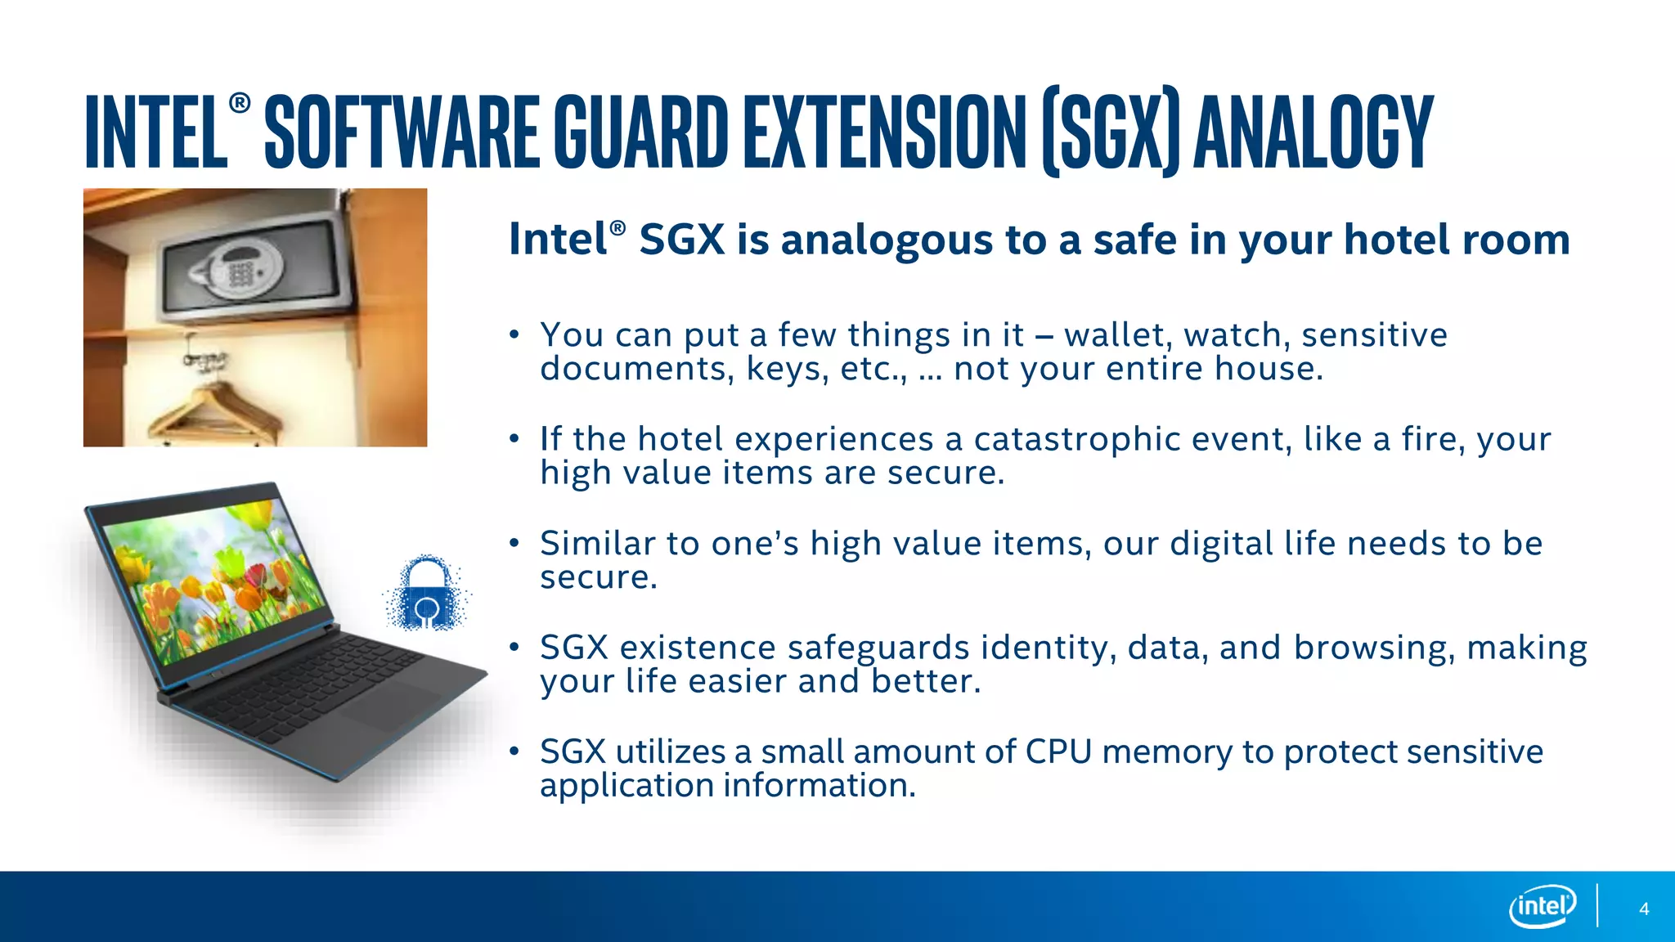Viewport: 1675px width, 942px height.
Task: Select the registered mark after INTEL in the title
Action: [x=240, y=103]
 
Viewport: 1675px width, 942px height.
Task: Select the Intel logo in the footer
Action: [x=1542, y=906]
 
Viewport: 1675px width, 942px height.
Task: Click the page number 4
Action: [x=1644, y=909]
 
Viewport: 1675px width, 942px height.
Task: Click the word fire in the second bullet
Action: [x=1431, y=440]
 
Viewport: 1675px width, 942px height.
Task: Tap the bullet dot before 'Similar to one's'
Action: [x=514, y=543]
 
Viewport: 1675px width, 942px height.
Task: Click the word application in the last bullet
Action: [x=626, y=786]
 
